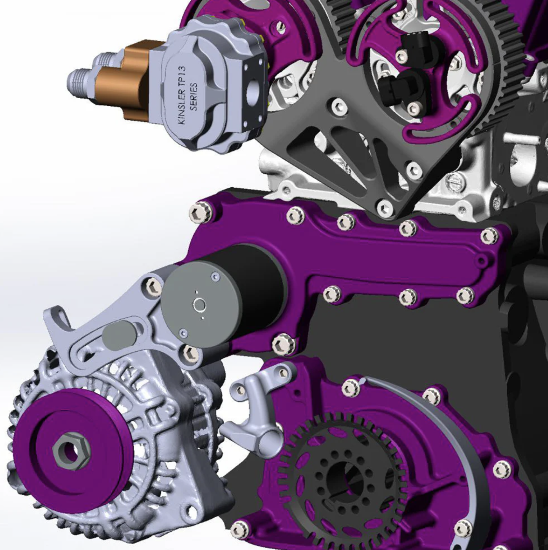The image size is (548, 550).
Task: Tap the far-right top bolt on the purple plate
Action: click(489, 236)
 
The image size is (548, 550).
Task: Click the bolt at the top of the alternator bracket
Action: click(152, 285)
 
